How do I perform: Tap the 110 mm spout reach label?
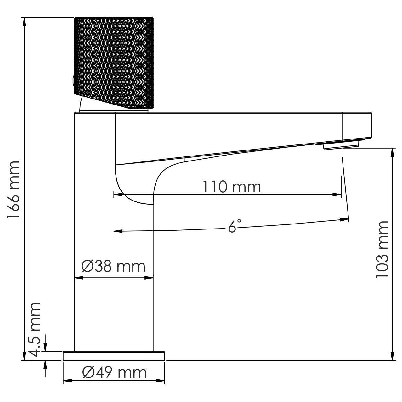(x=231, y=187)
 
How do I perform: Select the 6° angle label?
(x=234, y=226)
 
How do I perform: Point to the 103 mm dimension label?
(x=382, y=249)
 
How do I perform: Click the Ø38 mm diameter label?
(x=113, y=267)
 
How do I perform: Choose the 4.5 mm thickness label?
(x=35, y=330)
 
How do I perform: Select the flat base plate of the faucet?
(x=114, y=356)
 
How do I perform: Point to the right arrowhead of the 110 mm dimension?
(x=337, y=195)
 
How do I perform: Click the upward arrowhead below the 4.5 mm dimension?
(x=46, y=365)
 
